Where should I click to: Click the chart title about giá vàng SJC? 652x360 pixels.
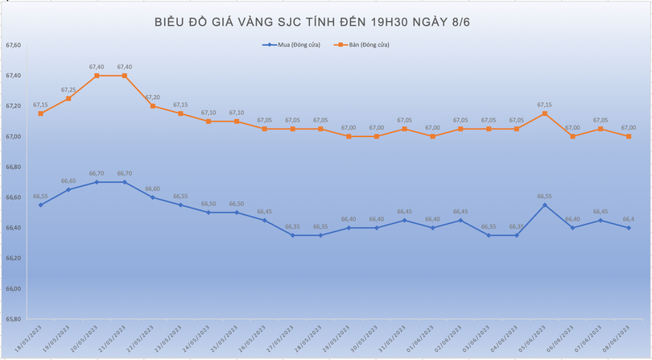tap(312, 22)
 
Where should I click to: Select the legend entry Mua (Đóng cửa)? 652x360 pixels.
tap(291, 45)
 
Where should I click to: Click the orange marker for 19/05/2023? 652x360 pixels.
tap(68, 98)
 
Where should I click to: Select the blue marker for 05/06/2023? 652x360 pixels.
tap(545, 205)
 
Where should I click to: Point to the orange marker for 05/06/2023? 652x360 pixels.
tap(545, 114)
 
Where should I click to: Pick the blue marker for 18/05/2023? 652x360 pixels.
tap(40, 205)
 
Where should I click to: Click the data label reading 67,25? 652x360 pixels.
tap(68, 89)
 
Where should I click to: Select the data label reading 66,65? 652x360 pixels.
tap(68, 181)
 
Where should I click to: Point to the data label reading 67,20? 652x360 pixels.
tap(153, 97)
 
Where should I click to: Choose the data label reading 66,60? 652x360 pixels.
tap(153, 188)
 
